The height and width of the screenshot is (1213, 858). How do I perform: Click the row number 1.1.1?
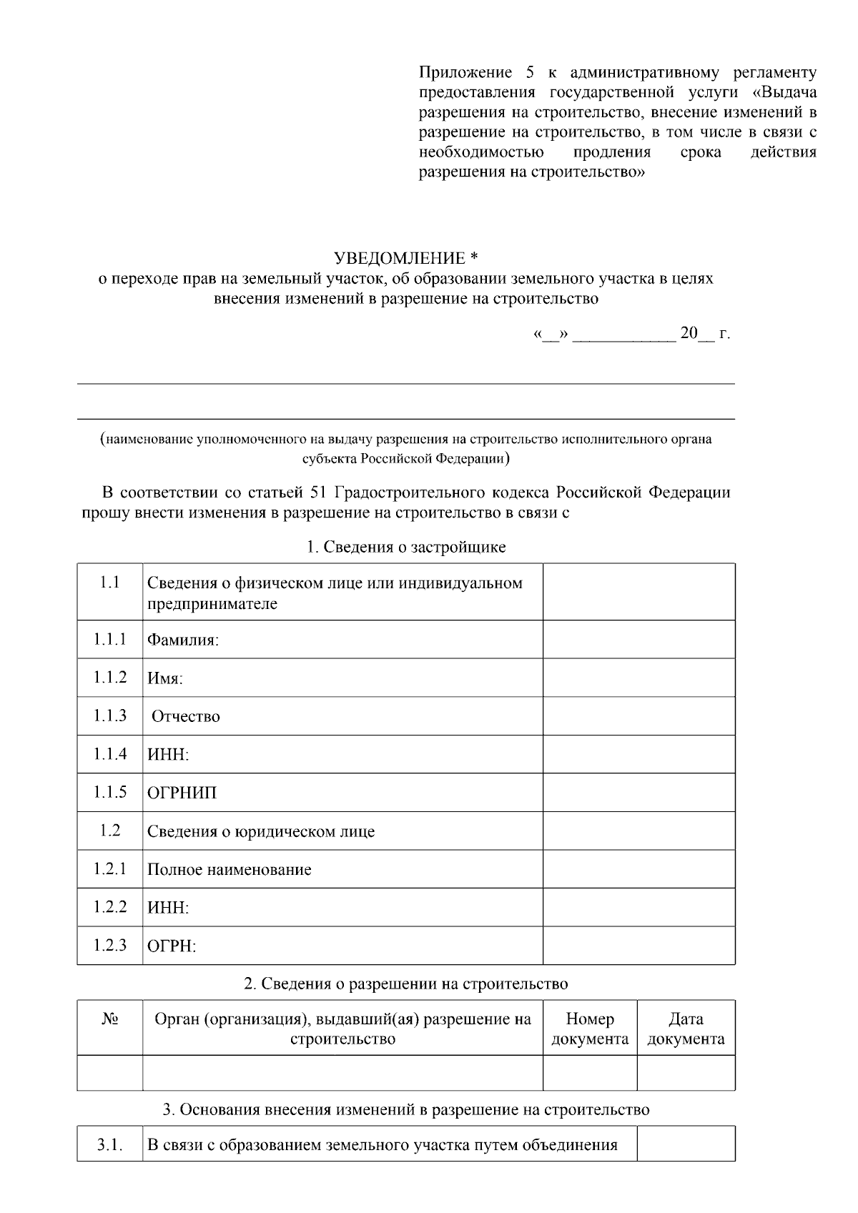click(109, 639)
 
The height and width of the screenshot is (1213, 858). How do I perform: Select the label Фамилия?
click(183, 640)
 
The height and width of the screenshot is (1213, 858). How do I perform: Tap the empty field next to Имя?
click(638, 678)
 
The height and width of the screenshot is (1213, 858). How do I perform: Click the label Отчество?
click(186, 716)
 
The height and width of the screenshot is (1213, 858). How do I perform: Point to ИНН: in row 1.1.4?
click(168, 755)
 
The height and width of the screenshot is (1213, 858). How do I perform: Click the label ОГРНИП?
click(182, 793)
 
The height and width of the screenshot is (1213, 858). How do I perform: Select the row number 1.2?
click(109, 831)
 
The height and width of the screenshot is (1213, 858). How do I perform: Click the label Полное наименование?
click(229, 870)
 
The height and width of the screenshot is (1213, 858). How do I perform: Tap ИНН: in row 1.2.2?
click(168, 908)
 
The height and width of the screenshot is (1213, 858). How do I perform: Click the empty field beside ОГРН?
click(638, 946)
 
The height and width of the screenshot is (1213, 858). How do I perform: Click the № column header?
click(109, 1019)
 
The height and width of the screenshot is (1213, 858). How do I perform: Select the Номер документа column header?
click(590, 1029)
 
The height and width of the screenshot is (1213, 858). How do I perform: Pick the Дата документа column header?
click(686, 1029)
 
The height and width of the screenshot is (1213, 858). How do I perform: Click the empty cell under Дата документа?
click(686, 1073)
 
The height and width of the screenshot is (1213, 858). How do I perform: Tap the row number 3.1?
click(109, 1145)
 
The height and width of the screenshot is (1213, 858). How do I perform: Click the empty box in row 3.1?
click(686, 1144)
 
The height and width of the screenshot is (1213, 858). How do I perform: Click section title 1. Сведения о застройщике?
click(406, 547)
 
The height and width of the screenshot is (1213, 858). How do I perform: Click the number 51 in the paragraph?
click(320, 492)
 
